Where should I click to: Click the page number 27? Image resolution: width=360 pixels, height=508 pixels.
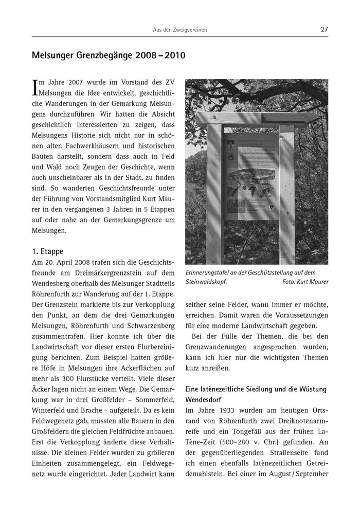324,30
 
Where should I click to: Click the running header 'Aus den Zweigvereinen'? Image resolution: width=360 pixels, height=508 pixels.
180,30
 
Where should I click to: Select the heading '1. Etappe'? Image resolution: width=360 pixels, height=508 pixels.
47,252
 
